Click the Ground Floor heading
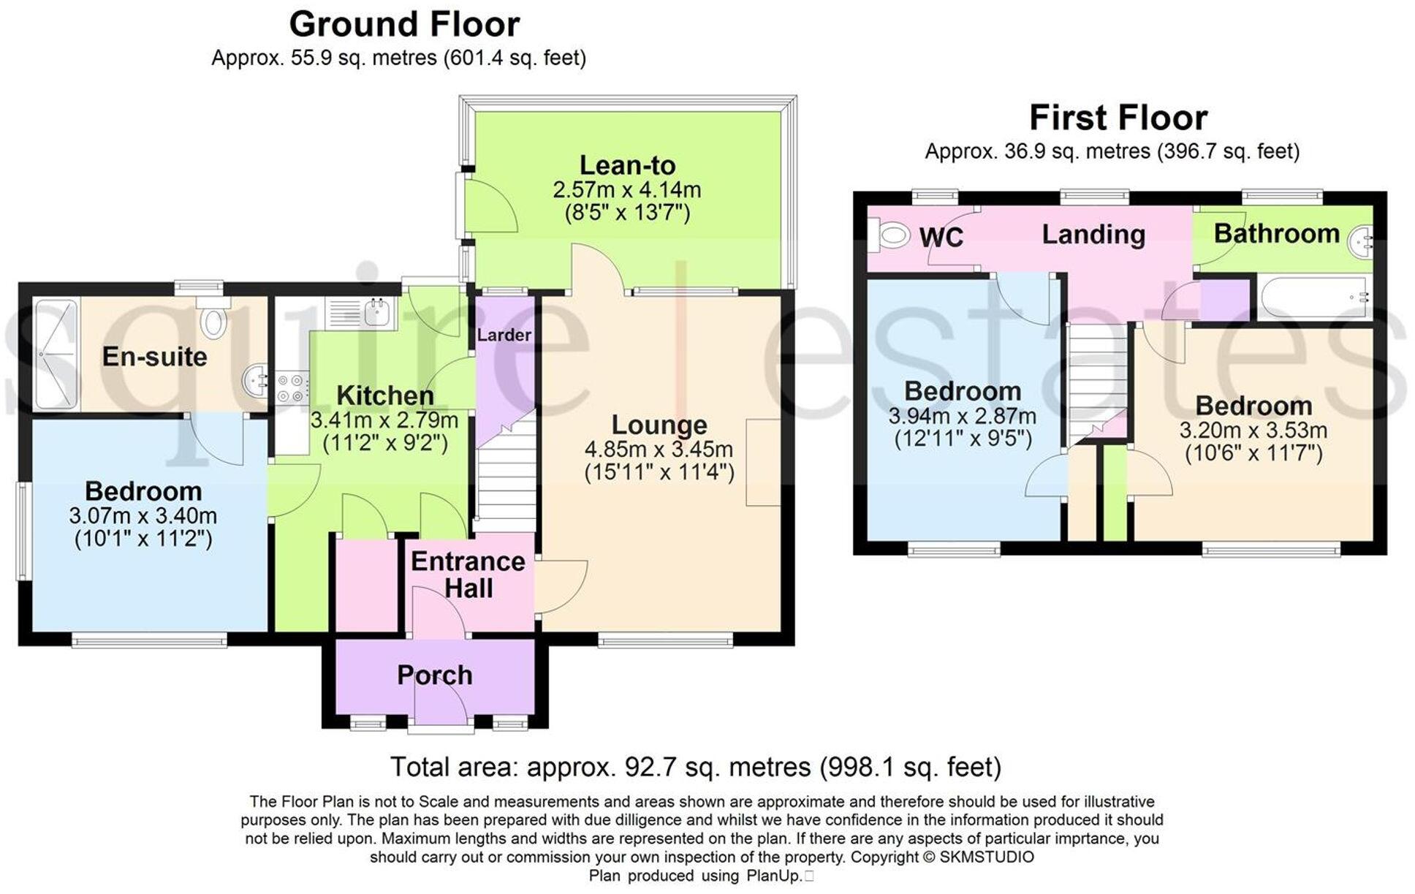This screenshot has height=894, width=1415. [404, 24]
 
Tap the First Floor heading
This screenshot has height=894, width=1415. [1118, 118]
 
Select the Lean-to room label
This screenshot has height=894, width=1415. [627, 165]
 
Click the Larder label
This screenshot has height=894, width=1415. [504, 335]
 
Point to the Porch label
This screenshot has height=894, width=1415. [434, 675]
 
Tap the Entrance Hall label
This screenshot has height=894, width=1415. [468, 575]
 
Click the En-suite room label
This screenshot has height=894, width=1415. [154, 357]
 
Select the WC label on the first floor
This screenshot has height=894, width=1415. [941, 238]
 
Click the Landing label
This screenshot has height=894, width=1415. [1093, 235]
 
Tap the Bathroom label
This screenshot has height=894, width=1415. [1277, 234]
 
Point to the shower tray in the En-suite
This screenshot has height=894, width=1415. [56, 354]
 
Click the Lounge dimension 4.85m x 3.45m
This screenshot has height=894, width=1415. [659, 449]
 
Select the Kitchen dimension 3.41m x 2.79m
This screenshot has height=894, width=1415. [384, 420]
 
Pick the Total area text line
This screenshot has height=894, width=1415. [695, 767]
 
